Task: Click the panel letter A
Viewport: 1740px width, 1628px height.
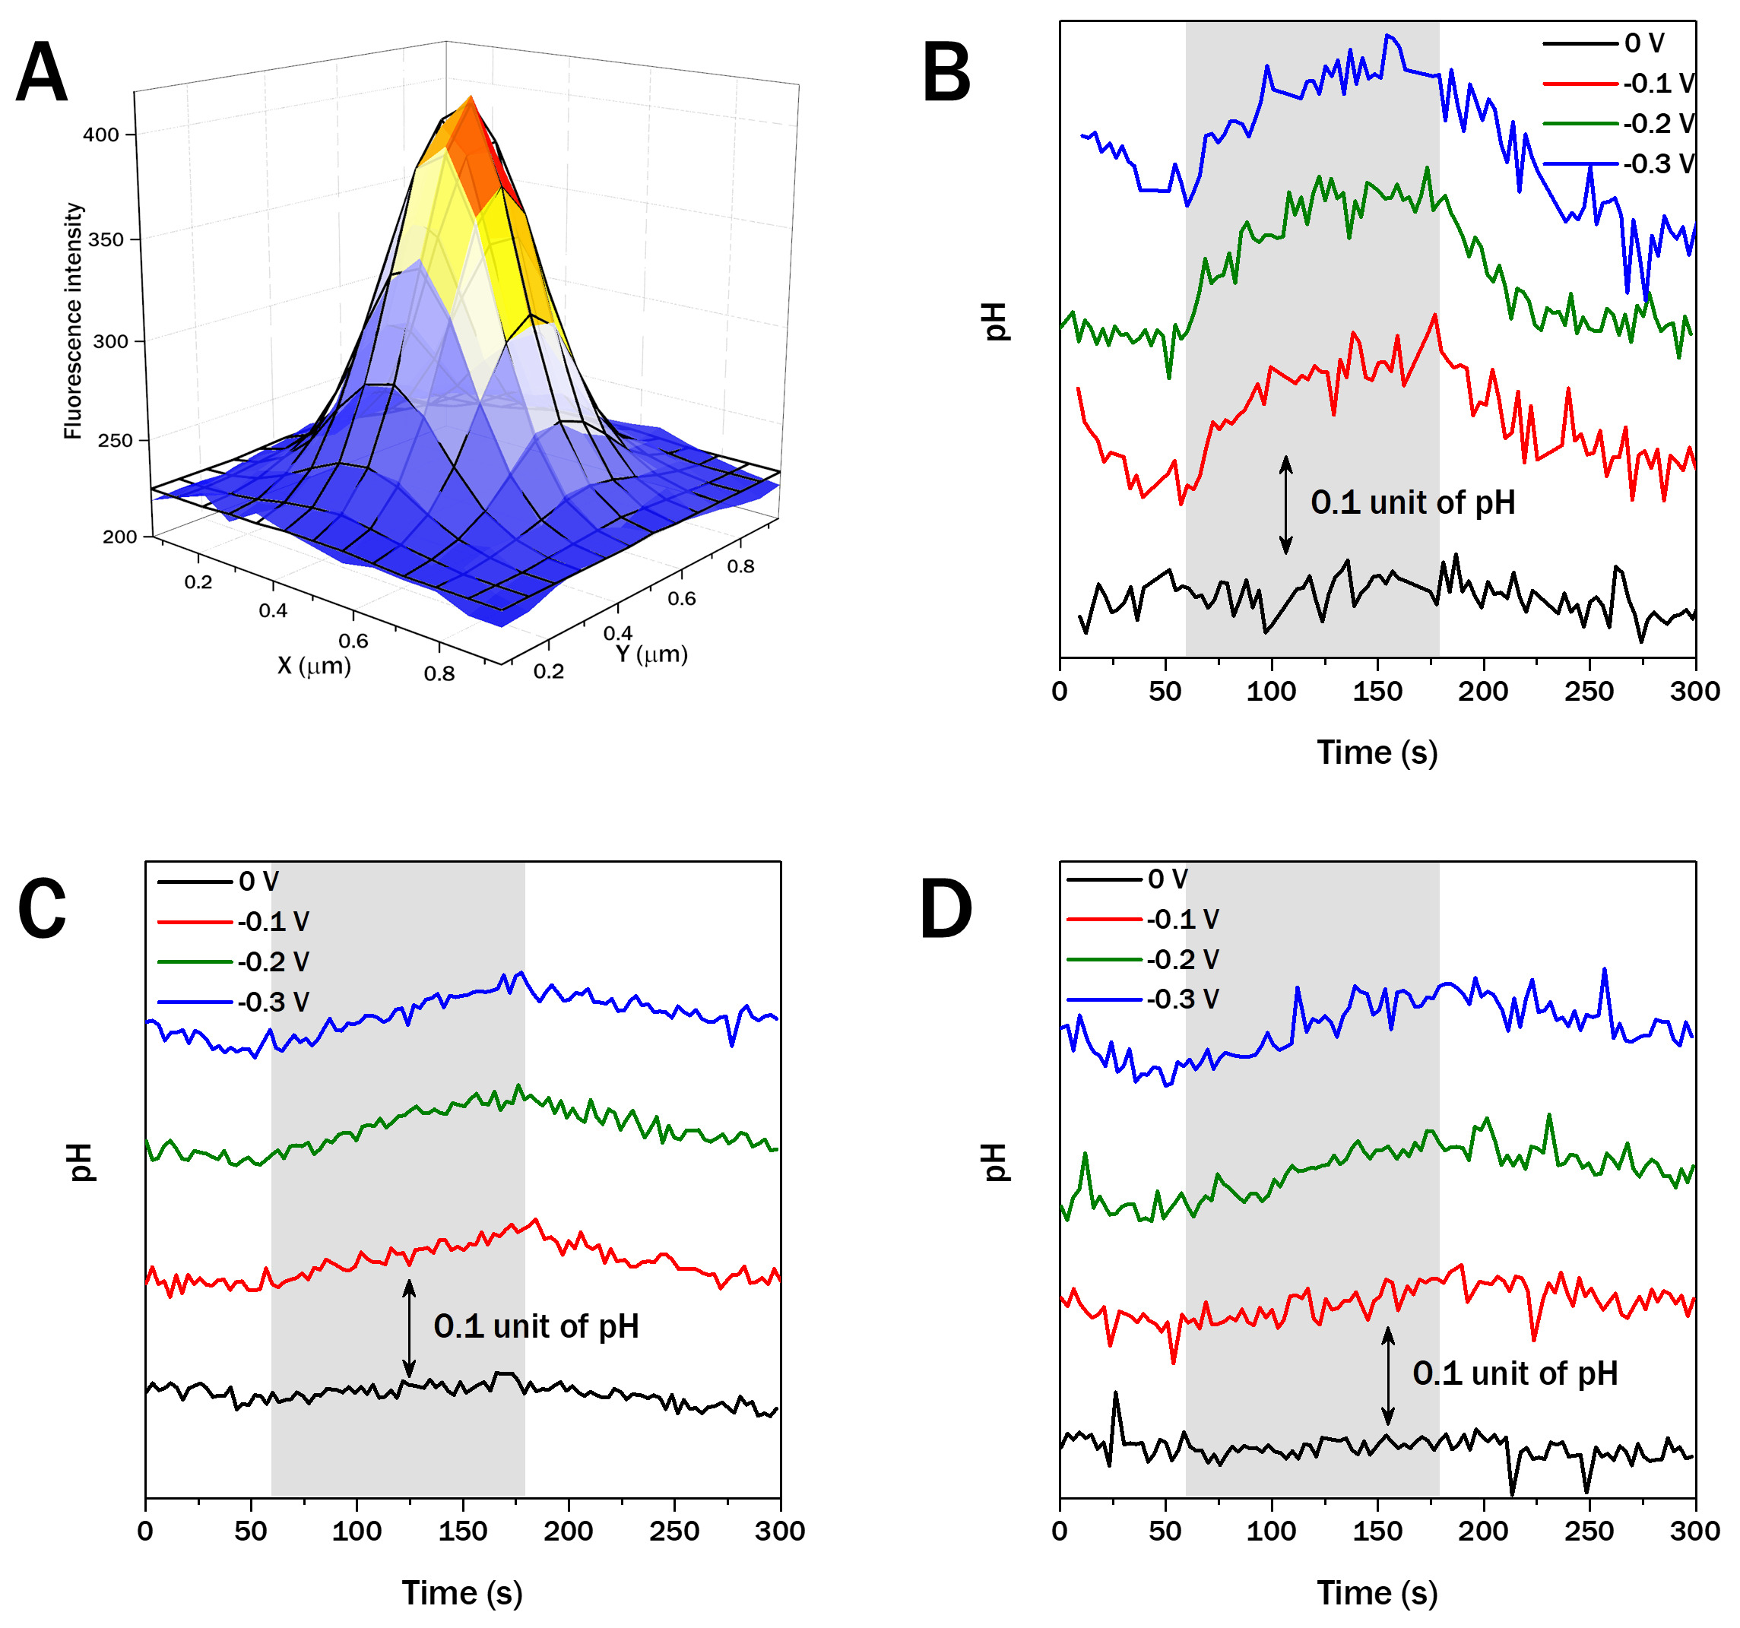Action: (x=41, y=74)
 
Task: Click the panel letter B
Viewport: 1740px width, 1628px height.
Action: (x=947, y=74)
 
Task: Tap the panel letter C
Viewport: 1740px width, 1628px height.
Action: (x=41, y=910)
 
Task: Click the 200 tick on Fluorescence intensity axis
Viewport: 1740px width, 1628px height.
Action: (x=120, y=537)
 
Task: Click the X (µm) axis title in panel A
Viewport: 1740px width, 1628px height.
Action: (x=314, y=667)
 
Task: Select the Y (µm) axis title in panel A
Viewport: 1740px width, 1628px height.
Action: (x=651, y=654)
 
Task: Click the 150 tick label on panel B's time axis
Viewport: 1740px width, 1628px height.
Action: (x=1377, y=692)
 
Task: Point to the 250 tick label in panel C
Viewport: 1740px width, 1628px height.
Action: (x=674, y=1531)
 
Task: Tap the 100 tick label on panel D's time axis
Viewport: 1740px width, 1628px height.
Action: (x=1272, y=1531)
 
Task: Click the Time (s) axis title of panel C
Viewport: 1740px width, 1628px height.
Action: (x=462, y=1593)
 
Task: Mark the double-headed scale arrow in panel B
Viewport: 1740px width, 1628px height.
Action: (x=1285, y=505)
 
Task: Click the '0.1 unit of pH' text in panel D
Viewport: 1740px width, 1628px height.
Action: (x=1514, y=1373)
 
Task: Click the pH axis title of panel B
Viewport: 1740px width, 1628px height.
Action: (x=995, y=321)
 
